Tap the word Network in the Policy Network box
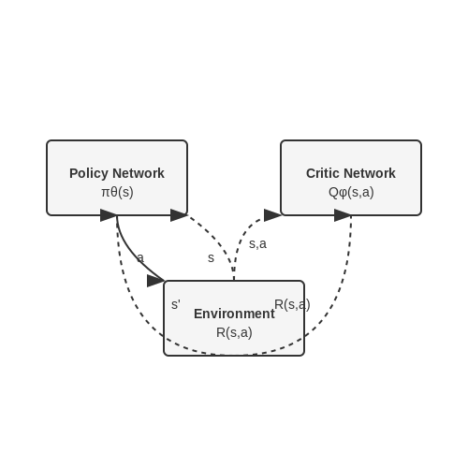pyautogui.click(x=139, y=173)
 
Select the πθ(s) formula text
pyautogui.click(x=117, y=192)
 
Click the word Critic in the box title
pyautogui.click(x=322, y=173)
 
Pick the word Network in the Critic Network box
pyautogui.click(x=369, y=173)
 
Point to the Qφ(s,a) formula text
pyautogui.click(x=351, y=192)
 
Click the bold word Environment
pyautogui.click(x=234, y=314)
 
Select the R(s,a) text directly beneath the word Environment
pyautogui.click(x=234, y=332)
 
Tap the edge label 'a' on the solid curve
pyautogui.click(x=140, y=258)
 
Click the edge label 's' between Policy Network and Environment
pyautogui.click(x=211, y=258)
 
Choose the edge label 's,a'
pyautogui.click(x=257, y=244)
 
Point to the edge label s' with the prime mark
pyautogui.click(x=176, y=304)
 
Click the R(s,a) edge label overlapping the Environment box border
pyautogui.click(x=292, y=304)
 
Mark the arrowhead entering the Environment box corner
pyautogui.click(x=155, y=281)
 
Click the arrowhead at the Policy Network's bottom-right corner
pyautogui.click(x=179, y=215)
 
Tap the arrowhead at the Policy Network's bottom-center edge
pyautogui.click(x=109, y=215)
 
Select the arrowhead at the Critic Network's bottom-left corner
pyautogui.click(x=272, y=215)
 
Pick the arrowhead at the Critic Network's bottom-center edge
pyautogui.click(x=343, y=215)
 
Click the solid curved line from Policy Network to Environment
pyautogui.click(x=131, y=255)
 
